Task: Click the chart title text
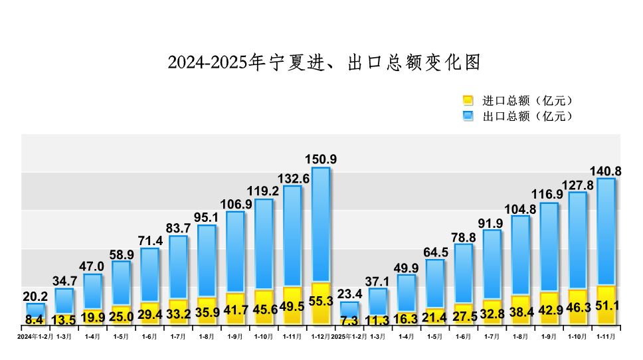323,62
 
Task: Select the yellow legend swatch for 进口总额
468,101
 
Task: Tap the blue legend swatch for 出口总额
468,116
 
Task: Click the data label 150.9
321,159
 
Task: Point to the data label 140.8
605,171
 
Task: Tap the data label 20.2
35,296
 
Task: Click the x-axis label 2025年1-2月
349,337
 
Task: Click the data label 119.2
264,191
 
